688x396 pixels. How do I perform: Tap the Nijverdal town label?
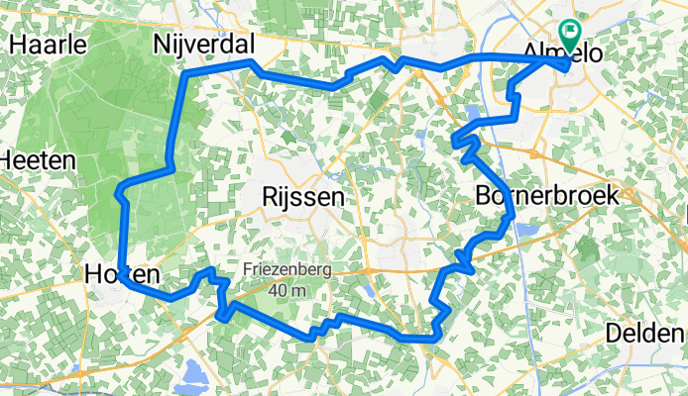coord(204,44)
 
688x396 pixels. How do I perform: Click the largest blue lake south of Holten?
coord(194,376)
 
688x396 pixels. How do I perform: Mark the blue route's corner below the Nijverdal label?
coord(186,76)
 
